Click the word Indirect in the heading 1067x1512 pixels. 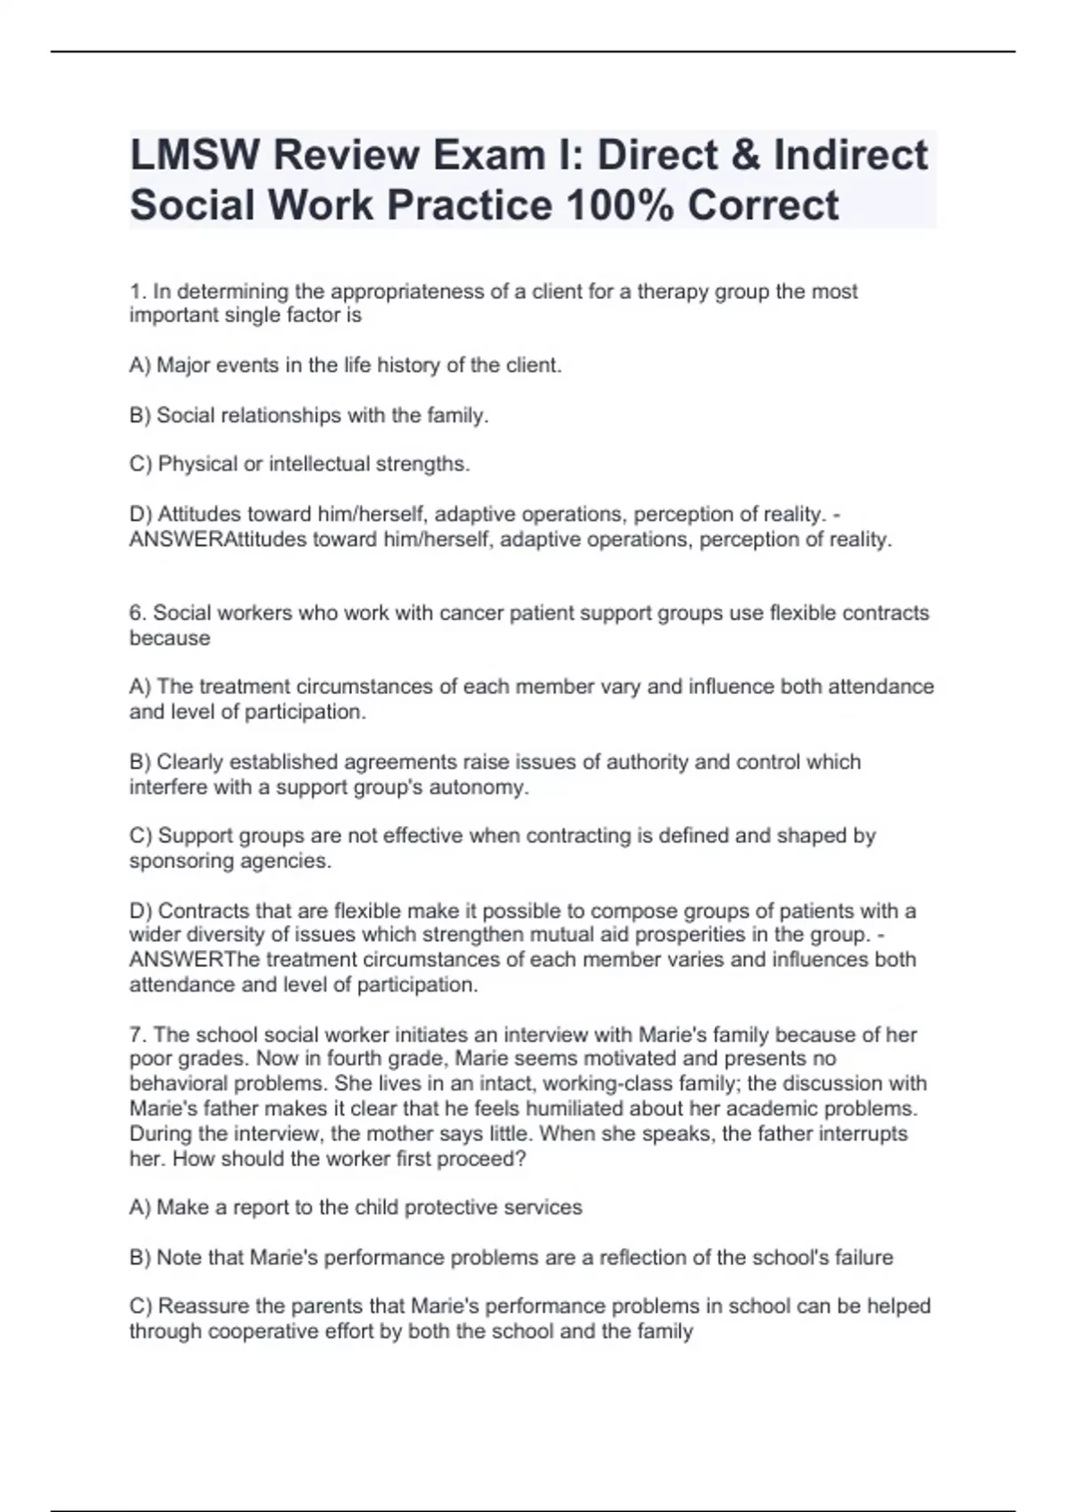click(851, 155)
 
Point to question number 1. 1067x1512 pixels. click(137, 291)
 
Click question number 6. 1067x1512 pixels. click(137, 613)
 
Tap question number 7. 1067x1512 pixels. click(137, 1034)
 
